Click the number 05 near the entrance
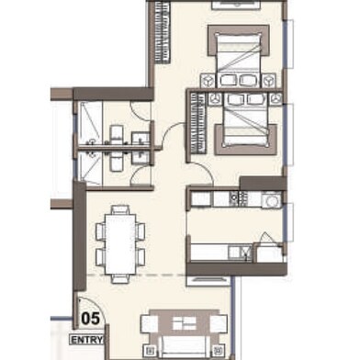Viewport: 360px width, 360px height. [x=91, y=321]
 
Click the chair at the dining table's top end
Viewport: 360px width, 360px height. [x=118, y=209]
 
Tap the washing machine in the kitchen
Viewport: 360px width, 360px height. [x=271, y=199]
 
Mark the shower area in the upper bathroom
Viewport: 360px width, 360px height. [x=93, y=119]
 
